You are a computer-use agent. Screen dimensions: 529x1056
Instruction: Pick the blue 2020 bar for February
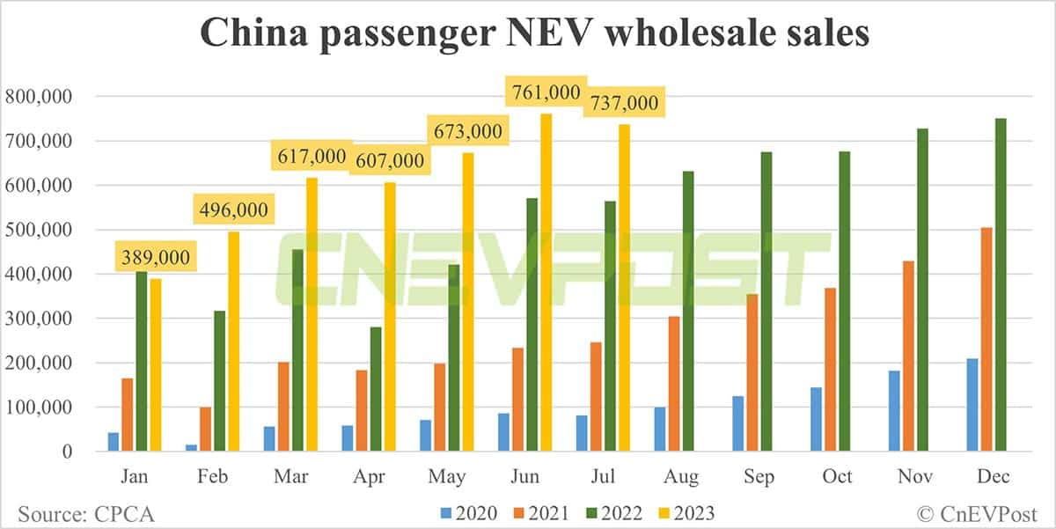coord(191,448)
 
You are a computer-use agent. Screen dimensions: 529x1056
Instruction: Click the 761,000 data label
coord(546,92)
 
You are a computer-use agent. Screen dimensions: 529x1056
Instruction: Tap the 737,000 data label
coord(624,103)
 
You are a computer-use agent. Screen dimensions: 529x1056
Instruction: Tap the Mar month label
coord(291,477)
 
